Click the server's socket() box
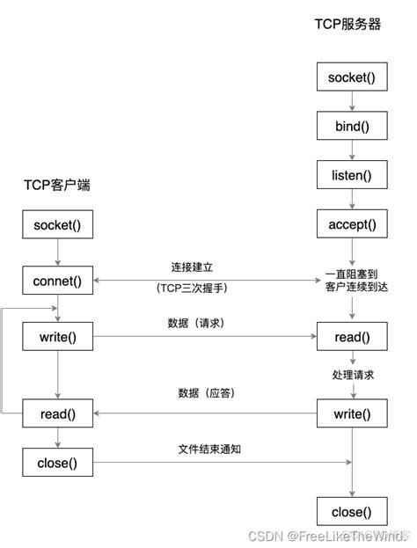pos(351,77)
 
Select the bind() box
pos(351,127)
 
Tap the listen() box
pos(351,175)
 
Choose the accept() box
pos(351,224)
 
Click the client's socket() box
pos(57,224)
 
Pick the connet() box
pos(57,281)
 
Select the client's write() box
pos(57,337)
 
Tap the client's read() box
pos(57,413)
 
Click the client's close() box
pos(57,462)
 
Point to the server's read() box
pos(351,337)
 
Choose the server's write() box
pos(351,413)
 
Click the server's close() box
pos(351,511)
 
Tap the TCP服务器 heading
pos(347,25)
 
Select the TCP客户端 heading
pos(57,186)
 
